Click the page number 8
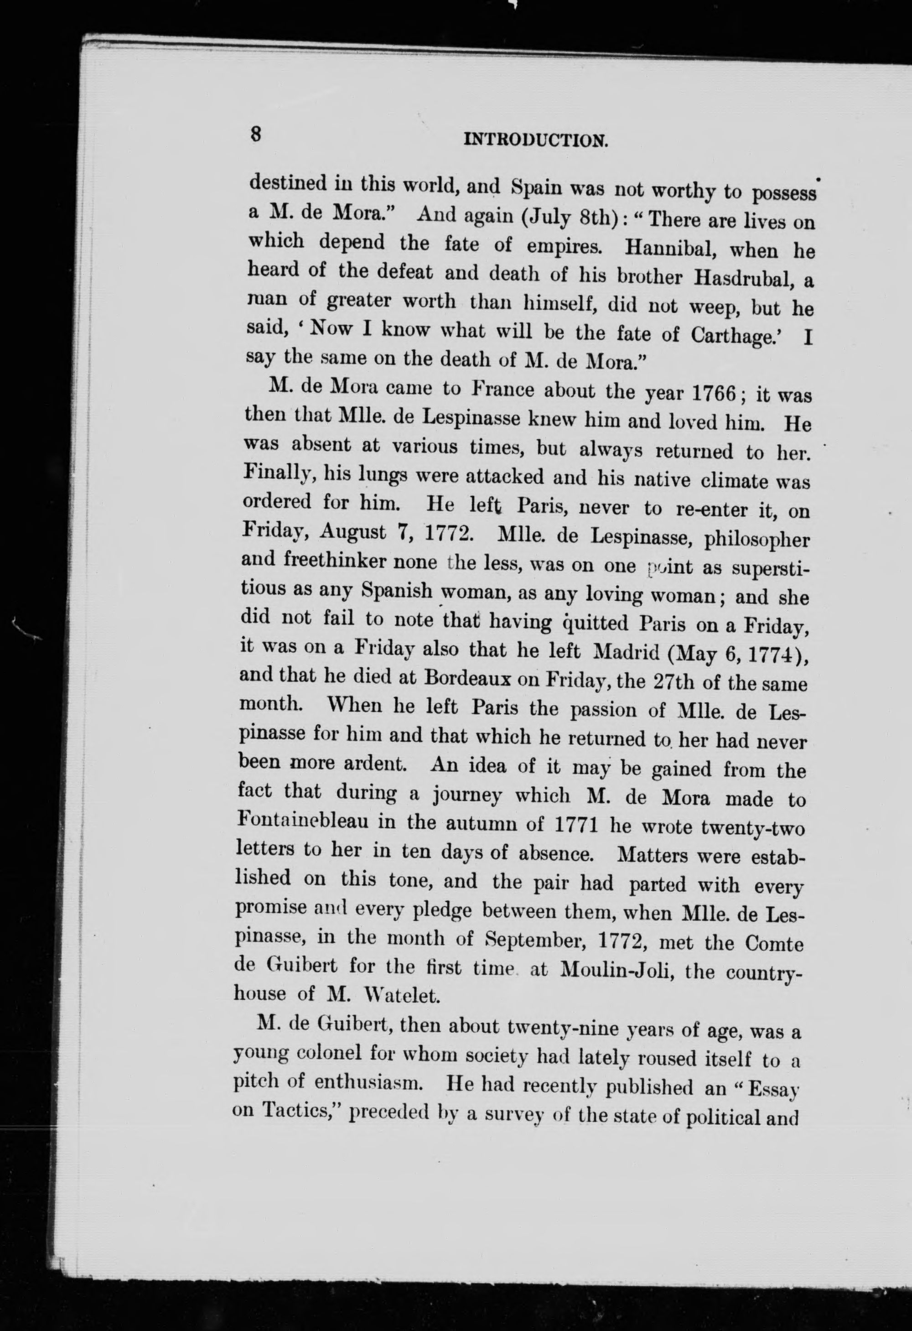point(256,135)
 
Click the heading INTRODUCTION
point(535,140)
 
